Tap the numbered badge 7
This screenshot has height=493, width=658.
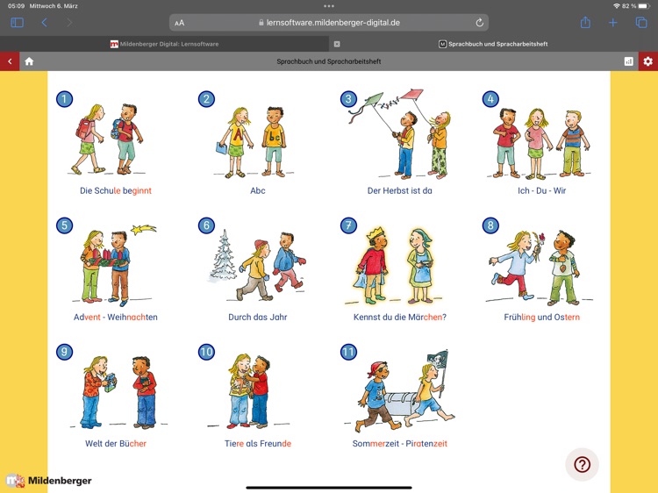(x=348, y=225)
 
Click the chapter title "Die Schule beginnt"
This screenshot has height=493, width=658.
(x=116, y=190)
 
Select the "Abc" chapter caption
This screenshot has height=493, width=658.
(x=258, y=190)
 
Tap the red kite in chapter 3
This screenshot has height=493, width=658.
(x=411, y=94)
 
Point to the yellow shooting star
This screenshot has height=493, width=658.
(x=143, y=229)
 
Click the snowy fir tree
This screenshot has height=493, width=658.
(x=223, y=256)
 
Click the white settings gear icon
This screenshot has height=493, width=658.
(x=648, y=61)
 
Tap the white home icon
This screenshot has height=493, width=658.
(x=29, y=61)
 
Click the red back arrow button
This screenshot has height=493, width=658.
(x=10, y=61)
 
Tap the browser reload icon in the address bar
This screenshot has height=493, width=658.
(x=479, y=23)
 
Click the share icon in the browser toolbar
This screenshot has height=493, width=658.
(x=585, y=22)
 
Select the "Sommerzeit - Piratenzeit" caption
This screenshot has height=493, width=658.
(x=399, y=444)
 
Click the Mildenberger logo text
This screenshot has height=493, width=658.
(x=60, y=481)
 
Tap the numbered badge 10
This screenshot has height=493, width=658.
(x=206, y=352)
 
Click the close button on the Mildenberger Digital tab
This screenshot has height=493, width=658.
(x=337, y=44)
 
